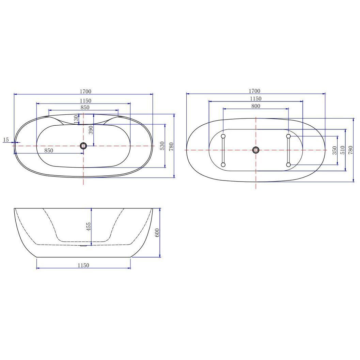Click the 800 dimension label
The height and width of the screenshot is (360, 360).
[x=255, y=106]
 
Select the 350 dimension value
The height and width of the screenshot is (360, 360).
[x=334, y=151]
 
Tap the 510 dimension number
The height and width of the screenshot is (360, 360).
[x=343, y=150]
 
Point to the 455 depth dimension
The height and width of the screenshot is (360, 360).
[x=89, y=226]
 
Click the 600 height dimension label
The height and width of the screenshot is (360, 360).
[x=157, y=233]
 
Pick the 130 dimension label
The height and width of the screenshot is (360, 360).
[x=76, y=119]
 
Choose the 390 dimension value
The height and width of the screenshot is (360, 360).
[x=91, y=130]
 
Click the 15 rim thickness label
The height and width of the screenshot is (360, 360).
[x=6, y=140]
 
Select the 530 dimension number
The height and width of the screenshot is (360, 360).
[x=162, y=146]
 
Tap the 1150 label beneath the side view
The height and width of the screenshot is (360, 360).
[x=83, y=265]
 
